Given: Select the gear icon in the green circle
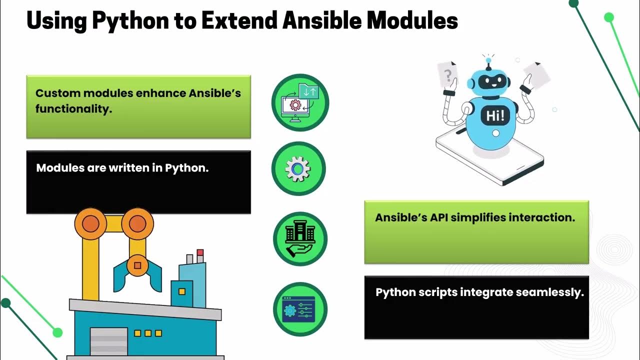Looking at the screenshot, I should [x=298, y=169].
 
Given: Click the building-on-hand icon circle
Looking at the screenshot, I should [x=300, y=238].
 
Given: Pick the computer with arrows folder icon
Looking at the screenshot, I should [x=300, y=102].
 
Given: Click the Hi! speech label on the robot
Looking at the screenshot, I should [x=495, y=116].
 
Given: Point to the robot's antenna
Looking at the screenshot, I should [x=488, y=62].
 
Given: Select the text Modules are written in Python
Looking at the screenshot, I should [x=122, y=168].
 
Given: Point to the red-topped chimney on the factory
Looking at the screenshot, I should [x=200, y=255].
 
